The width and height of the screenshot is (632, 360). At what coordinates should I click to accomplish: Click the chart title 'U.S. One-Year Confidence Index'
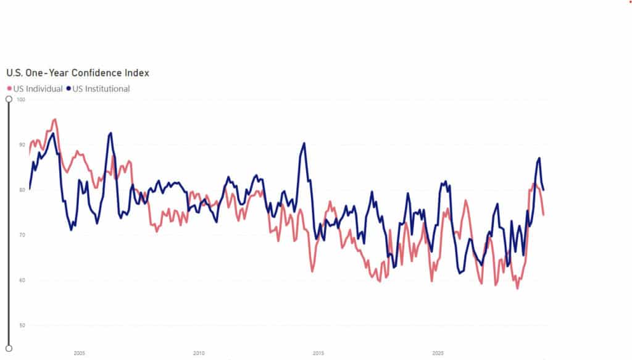[77, 73]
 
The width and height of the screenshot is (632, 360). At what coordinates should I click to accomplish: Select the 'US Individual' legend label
[38, 89]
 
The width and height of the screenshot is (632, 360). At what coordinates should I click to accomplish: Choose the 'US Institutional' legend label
[101, 89]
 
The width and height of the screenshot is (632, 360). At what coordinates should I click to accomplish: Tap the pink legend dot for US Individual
[9, 89]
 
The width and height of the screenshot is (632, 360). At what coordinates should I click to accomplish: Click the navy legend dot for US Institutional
[69, 89]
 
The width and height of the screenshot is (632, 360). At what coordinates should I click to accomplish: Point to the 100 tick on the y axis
[22, 99]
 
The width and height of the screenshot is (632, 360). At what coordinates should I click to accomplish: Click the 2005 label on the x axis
[79, 353]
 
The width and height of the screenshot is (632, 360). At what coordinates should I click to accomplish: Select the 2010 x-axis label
[199, 353]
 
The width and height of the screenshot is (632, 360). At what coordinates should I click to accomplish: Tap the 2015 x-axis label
[318, 353]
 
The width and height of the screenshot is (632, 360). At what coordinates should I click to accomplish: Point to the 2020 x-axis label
[438, 353]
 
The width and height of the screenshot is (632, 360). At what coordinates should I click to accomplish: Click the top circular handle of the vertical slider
[9, 98]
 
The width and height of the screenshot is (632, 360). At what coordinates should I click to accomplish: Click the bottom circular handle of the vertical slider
[9, 348]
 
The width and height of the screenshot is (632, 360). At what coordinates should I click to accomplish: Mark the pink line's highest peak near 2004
[55, 119]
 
